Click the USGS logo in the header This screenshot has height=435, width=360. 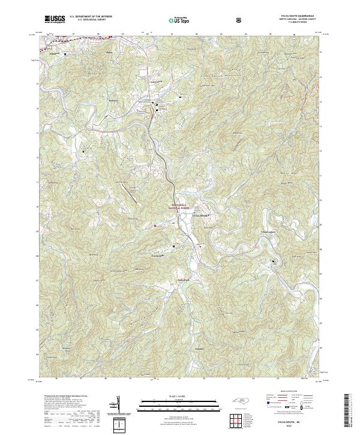coord(55,19)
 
